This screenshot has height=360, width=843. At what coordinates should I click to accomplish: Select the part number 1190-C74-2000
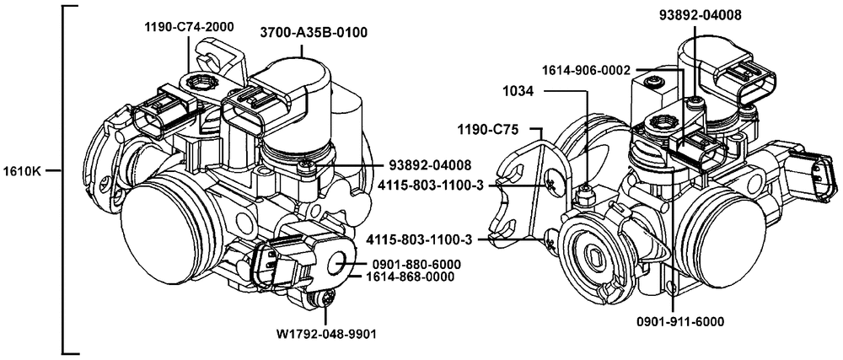coord(189,27)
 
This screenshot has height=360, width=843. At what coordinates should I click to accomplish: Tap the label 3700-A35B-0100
coord(314,33)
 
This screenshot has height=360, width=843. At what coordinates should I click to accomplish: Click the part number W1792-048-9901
coord(325,334)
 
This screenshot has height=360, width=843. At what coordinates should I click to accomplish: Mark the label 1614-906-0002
coord(587,70)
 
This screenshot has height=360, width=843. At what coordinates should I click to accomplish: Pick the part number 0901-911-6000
coord(679,321)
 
